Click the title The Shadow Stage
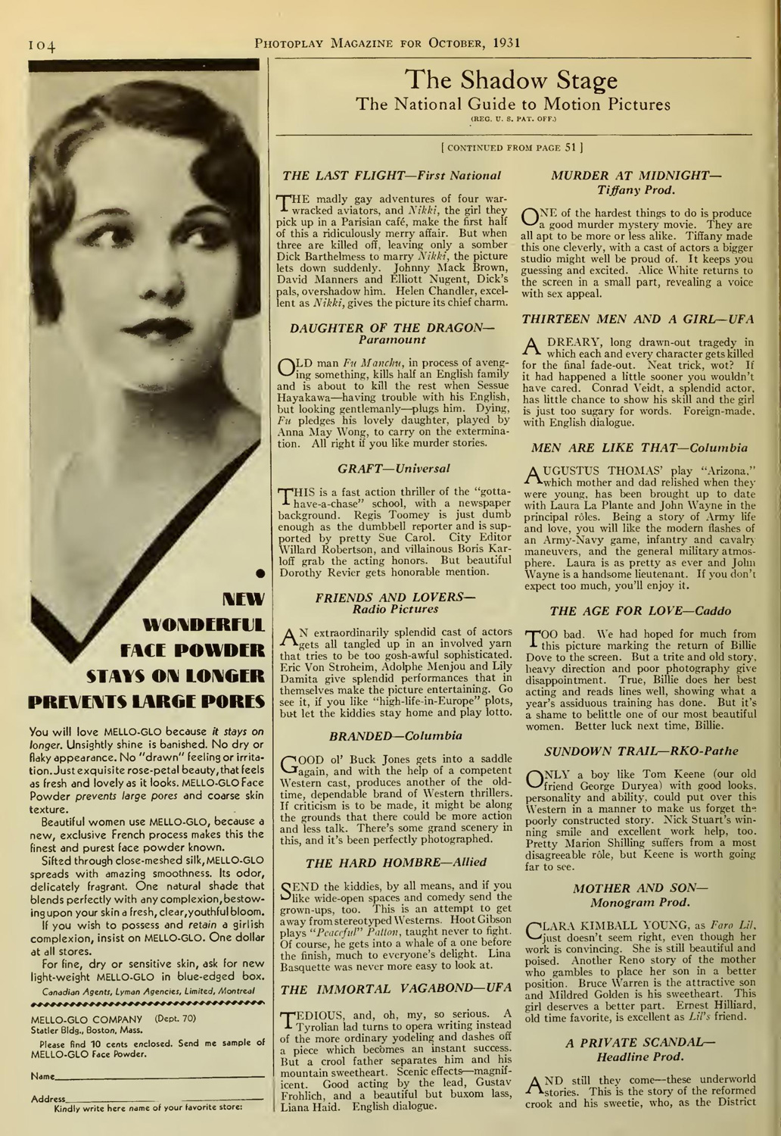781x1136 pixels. tap(511, 80)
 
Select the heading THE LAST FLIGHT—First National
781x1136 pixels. tap(391, 175)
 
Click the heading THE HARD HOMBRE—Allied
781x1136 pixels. tap(395, 862)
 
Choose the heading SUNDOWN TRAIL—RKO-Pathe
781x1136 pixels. tap(640, 751)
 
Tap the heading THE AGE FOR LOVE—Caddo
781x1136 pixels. tap(640, 610)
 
